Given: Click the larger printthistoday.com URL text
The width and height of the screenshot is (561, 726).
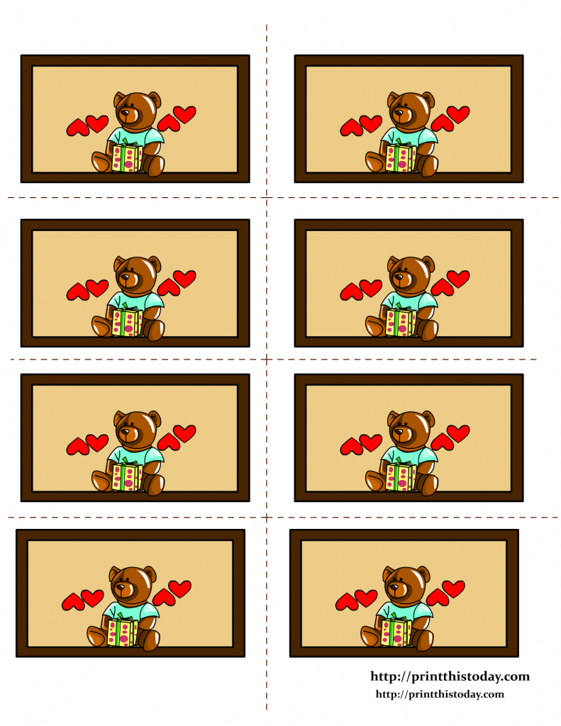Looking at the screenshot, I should [x=450, y=676].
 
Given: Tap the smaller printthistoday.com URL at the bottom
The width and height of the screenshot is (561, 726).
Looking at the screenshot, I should [x=439, y=694].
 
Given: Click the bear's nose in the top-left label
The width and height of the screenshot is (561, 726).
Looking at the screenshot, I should [x=128, y=111].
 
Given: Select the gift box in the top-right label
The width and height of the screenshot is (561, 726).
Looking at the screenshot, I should [x=401, y=158].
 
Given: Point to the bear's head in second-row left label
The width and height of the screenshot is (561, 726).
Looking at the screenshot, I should [x=133, y=272].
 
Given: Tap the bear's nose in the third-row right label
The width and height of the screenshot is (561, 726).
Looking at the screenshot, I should [x=401, y=430].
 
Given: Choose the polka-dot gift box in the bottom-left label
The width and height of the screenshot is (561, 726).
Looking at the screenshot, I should [x=123, y=631].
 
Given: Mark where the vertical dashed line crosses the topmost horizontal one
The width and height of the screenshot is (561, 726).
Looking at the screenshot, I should [x=267, y=197].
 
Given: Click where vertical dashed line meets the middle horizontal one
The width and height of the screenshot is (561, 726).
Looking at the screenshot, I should [x=267, y=359].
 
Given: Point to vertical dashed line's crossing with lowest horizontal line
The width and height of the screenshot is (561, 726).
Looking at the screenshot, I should [x=267, y=518].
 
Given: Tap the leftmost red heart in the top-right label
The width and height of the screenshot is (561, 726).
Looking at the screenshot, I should [x=350, y=128].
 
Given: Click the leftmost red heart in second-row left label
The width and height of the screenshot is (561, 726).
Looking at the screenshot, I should [x=77, y=291].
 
